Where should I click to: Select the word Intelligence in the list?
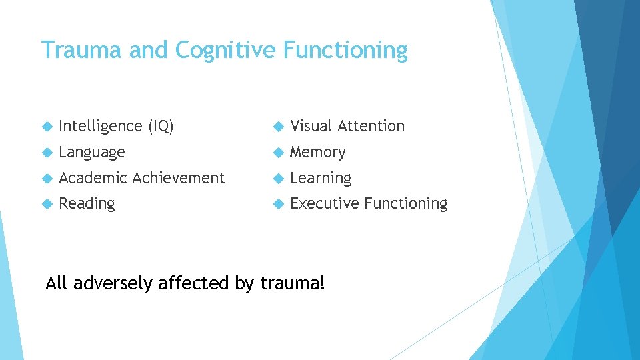(x=101, y=126)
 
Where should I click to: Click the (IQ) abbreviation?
(x=161, y=126)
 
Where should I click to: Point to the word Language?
(x=92, y=152)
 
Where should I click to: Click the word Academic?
(x=93, y=178)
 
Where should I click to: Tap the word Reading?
(x=87, y=203)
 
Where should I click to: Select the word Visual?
(x=311, y=126)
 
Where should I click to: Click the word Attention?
(x=371, y=126)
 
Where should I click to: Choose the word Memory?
(x=318, y=152)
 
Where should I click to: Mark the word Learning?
(x=321, y=178)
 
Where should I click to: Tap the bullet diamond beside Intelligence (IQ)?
(x=47, y=126)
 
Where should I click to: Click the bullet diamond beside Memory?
(x=278, y=152)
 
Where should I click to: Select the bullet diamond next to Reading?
(x=47, y=203)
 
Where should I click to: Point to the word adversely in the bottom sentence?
(x=113, y=283)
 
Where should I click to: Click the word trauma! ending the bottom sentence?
(x=293, y=283)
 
